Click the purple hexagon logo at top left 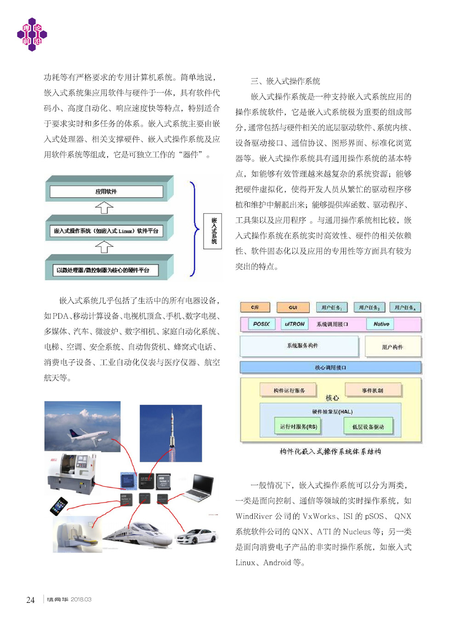point(32,34)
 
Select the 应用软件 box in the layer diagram point(106,192)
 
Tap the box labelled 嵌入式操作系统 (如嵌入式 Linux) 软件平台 point(106,231)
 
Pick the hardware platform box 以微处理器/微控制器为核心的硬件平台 point(103,270)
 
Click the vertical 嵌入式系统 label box point(213,231)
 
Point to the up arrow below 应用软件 point(104,208)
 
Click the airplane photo point(82,426)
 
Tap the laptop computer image point(199,488)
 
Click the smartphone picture point(58,506)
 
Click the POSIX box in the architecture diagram point(261,324)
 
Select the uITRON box point(294,324)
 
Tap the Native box point(381,324)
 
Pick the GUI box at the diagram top point(293,307)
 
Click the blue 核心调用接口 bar point(330,368)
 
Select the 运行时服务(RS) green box point(298,426)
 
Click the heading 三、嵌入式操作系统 point(285,81)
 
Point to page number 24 point(30,600)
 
